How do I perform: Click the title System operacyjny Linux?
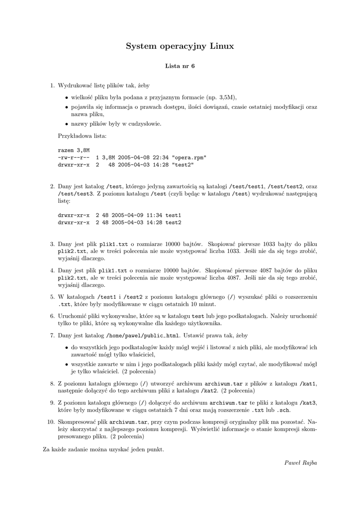pyautogui.click(x=180, y=46)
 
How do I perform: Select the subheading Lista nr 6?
pyautogui.click(x=180, y=66)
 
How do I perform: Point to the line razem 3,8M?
pyautogui.click(x=74, y=150)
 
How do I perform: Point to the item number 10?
pyautogui.click(x=50, y=422)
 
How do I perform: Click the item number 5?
pyautogui.click(x=52, y=297)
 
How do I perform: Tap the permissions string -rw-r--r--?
pyautogui.click(x=74, y=157)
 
